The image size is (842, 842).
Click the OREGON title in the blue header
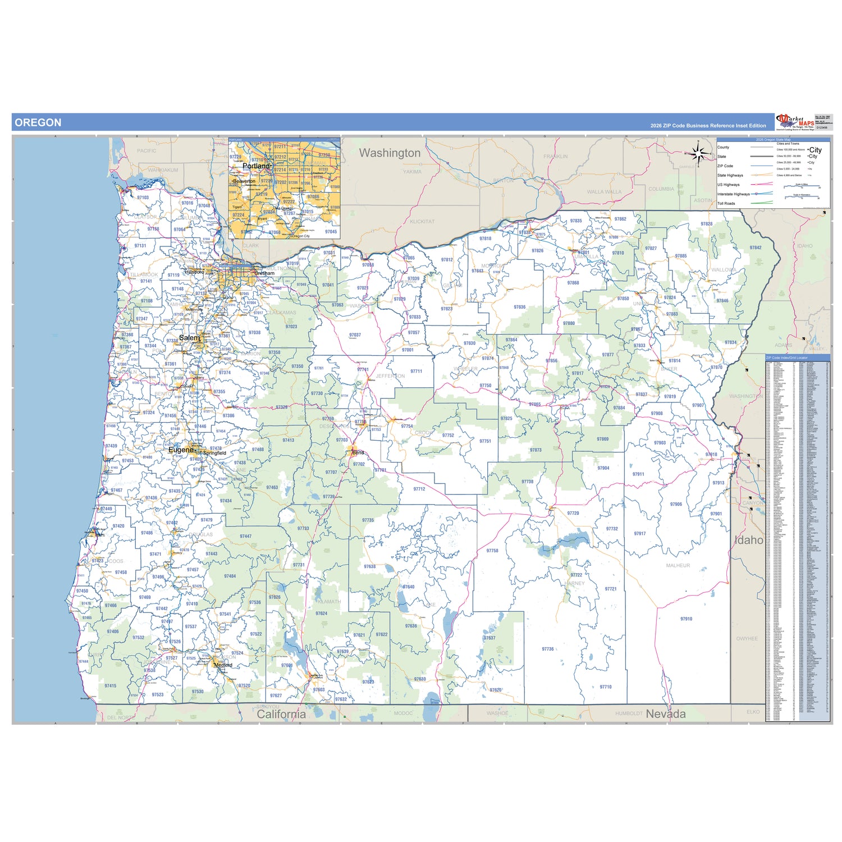click(x=38, y=122)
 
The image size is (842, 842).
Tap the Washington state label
click(x=390, y=153)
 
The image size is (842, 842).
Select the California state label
click(x=281, y=714)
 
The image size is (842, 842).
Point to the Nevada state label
click(x=666, y=714)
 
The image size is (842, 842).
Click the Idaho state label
click(x=749, y=540)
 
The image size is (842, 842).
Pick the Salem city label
click(x=189, y=338)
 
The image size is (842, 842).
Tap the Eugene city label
click(x=181, y=450)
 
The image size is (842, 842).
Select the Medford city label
click(x=223, y=665)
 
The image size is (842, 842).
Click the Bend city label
click(x=358, y=452)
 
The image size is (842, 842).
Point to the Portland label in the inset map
click(x=256, y=166)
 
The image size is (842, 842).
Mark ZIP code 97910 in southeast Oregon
click(x=686, y=619)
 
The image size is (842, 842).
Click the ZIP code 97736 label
click(x=547, y=649)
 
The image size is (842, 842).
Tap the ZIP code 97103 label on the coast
click(x=143, y=198)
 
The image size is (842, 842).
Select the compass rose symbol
click(x=698, y=153)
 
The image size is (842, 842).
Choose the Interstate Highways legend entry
click(x=733, y=194)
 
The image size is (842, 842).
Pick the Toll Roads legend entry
click(x=726, y=204)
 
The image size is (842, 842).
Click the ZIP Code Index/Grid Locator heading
click(x=787, y=358)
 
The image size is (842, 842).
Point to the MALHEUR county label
click(x=678, y=566)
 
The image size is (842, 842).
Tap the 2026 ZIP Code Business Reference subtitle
click(x=708, y=126)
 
